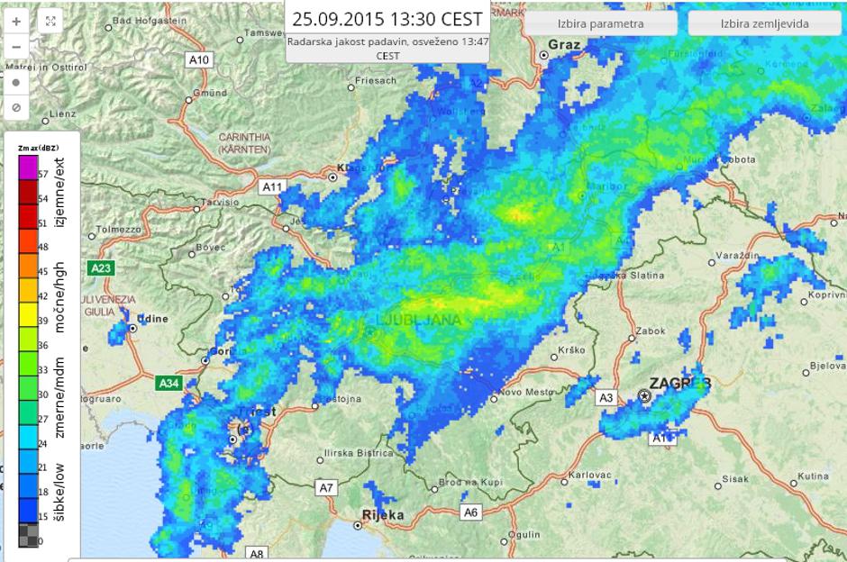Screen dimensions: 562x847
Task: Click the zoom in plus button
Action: (16, 20)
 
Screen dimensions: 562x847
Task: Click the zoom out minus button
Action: (16, 46)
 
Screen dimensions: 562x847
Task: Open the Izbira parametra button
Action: (600, 23)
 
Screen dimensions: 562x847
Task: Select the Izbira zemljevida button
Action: (764, 23)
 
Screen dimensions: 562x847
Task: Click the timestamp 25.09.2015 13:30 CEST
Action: (387, 19)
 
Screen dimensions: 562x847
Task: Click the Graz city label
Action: (564, 43)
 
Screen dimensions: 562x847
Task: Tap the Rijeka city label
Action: (382, 515)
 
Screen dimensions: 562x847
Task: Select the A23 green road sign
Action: (101, 267)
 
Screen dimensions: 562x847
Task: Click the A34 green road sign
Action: (168, 383)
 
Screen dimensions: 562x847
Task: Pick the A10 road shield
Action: (199, 59)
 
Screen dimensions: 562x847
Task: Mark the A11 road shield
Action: (271, 186)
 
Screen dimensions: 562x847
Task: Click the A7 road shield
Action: (327, 487)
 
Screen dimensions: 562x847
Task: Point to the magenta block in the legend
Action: (28, 167)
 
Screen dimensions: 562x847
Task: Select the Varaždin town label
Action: (739, 257)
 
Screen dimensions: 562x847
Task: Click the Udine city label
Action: (154, 318)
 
